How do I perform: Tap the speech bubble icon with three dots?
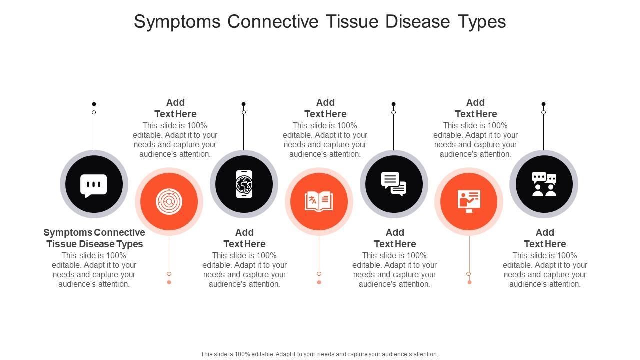point(94,185)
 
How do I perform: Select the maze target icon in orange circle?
point(169,202)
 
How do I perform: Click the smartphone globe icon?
point(244,184)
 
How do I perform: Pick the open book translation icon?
point(319,201)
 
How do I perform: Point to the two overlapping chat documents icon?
point(394,184)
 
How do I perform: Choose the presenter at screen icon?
point(469,201)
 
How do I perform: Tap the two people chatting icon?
point(544,184)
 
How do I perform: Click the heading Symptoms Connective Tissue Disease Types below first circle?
point(94,238)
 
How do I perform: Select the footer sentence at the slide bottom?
point(319,354)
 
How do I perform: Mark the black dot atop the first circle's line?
point(94,104)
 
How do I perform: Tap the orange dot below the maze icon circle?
point(169,282)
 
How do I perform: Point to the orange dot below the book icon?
point(319,282)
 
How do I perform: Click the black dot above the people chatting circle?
point(543,104)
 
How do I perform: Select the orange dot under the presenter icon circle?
point(469,282)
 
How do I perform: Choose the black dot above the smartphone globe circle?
point(243,104)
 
